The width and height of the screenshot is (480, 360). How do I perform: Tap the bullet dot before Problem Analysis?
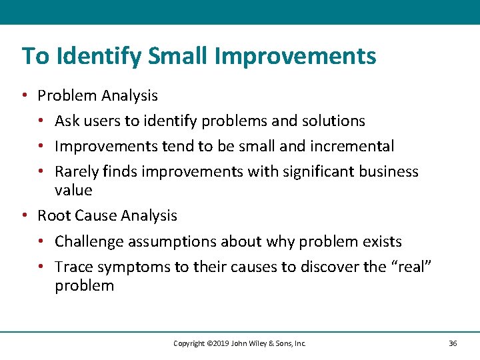click(x=24, y=95)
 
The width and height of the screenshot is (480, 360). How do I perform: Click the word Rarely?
click(x=75, y=171)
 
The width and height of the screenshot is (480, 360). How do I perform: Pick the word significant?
click(x=314, y=171)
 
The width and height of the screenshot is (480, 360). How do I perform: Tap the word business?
click(x=389, y=171)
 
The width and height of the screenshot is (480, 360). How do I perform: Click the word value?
click(x=73, y=190)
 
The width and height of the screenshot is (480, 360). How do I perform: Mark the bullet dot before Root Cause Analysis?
click(x=24, y=215)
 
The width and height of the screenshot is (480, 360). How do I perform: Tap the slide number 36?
click(x=453, y=343)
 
